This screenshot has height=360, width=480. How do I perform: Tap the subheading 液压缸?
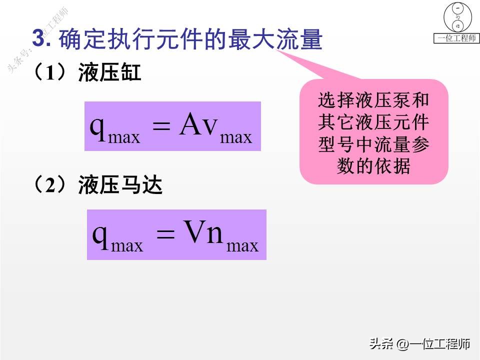click(x=109, y=74)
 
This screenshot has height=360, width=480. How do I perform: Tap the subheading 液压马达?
click(x=120, y=186)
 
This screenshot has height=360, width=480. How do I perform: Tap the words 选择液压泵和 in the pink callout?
click(x=373, y=100)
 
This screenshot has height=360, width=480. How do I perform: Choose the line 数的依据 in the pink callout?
click(x=373, y=166)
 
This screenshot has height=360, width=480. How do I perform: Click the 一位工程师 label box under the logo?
click(x=456, y=38)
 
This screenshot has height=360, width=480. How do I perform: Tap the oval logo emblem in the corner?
click(x=456, y=17)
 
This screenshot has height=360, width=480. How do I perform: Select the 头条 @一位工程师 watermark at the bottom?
click(x=419, y=344)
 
